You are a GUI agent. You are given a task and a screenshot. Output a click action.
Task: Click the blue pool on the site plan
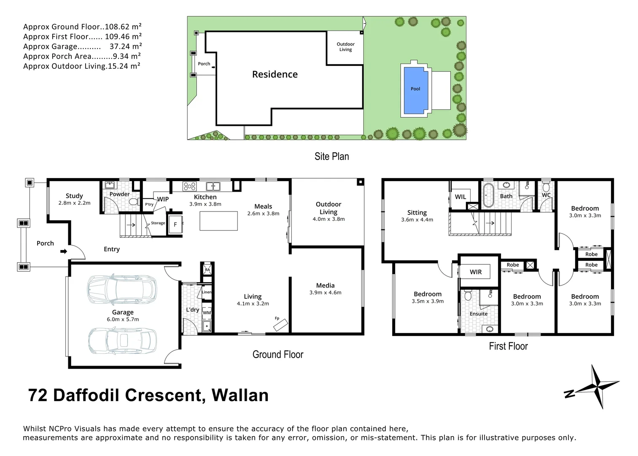click(x=415, y=90)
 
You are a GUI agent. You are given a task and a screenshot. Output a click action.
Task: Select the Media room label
click(x=325, y=285)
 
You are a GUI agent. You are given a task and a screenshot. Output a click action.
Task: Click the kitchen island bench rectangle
click(x=218, y=221)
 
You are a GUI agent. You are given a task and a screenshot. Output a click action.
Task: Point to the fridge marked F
click(x=175, y=225)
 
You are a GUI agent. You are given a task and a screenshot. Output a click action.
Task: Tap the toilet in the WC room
click(x=546, y=187)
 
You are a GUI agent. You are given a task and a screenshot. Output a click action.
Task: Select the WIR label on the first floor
click(x=476, y=272)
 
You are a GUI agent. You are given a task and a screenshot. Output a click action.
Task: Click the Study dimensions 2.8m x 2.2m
click(x=74, y=203)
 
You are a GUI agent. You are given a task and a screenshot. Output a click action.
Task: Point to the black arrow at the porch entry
click(x=64, y=251)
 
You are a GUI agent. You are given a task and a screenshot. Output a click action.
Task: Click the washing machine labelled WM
click(x=207, y=312)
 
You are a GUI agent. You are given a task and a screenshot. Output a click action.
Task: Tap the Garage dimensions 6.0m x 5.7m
click(x=123, y=319)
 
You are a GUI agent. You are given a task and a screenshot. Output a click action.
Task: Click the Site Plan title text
click(x=331, y=156)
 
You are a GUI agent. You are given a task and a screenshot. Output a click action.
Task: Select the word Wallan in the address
click(x=240, y=395)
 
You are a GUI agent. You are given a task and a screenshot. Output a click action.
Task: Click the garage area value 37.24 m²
click(x=126, y=46)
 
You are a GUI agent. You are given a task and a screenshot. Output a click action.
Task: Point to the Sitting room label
click(x=417, y=212)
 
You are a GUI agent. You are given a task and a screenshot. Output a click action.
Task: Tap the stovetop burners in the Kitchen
click(x=189, y=186)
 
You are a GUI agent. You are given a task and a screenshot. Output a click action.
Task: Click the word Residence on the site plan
click(x=275, y=74)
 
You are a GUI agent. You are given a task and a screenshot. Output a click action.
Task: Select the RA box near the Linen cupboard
click(x=207, y=269)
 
